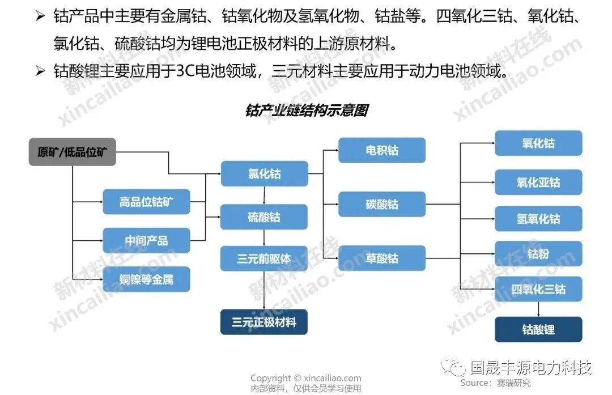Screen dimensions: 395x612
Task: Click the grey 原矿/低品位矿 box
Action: coord(72,152)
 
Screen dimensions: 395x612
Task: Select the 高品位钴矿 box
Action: coord(146,202)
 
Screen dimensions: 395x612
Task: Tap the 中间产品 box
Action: coord(146,240)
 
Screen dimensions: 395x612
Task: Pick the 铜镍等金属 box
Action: coord(146,279)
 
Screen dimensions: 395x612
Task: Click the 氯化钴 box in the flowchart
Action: coord(264,173)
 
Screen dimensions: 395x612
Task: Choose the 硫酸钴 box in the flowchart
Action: coord(264,216)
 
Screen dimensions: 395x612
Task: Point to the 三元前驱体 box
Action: coord(264,258)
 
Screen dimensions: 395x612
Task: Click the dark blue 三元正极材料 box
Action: coord(264,322)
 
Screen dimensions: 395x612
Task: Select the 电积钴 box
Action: coord(382,150)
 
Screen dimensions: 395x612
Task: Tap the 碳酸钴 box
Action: coord(382,204)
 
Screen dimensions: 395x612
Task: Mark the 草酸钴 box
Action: coord(382,258)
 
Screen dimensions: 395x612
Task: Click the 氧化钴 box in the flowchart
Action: coord(538,143)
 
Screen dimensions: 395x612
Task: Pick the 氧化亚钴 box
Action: coord(538,182)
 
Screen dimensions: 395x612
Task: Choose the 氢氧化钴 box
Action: coord(538,219)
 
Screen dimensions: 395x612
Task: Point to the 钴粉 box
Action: coord(538,253)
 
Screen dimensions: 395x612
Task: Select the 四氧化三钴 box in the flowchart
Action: coord(538,289)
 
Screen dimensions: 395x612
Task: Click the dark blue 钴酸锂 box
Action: coord(538,329)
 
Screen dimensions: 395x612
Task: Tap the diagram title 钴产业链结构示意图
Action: coord(307,110)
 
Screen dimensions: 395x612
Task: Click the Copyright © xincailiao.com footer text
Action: coord(306,378)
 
